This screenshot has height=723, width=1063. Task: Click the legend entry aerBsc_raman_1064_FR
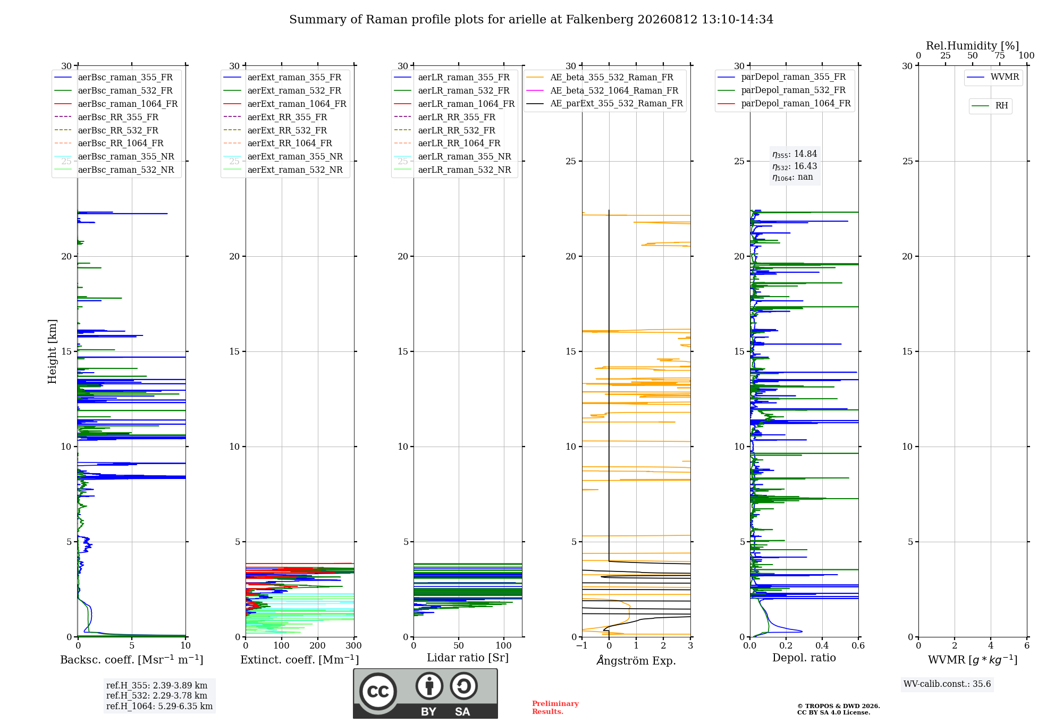point(128,104)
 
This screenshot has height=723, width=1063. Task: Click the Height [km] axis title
point(52,351)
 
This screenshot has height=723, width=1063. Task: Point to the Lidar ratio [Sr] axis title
point(468,658)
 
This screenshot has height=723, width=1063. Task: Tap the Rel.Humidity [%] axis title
point(973,46)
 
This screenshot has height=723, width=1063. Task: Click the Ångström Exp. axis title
point(636,660)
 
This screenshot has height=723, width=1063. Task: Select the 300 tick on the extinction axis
point(353,646)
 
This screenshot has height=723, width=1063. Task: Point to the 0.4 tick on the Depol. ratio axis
point(822,646)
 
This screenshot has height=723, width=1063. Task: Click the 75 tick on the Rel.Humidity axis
point(1000,55)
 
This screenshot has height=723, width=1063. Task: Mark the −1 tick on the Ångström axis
point(581,646)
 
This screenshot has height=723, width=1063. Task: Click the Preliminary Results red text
point(555,708)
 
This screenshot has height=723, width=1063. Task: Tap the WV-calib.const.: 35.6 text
point(947,684)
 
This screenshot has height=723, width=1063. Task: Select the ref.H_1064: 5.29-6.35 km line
point(159,707)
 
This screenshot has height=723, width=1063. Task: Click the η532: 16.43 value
point(795,166)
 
